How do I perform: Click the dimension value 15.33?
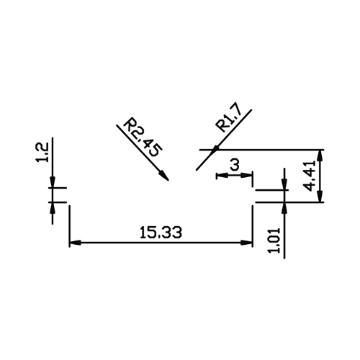(161, 233)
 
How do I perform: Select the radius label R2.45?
(143, 137)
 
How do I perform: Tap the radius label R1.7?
(229, 120)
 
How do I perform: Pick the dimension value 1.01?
(274, 240)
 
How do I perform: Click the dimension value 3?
(235, 165)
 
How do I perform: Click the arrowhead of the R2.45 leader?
(165, 176)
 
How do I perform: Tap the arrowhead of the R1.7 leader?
(215, 149)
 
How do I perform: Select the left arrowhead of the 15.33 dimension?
(75, 243)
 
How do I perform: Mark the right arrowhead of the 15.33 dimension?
(247, 243)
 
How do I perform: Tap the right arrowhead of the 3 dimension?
(247, 176)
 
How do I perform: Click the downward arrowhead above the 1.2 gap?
(53, 182)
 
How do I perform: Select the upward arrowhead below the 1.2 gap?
(53, 208)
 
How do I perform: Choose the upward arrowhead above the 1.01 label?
(284, 208)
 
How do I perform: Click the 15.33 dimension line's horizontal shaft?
(161, 243)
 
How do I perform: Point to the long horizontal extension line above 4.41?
(262, 150)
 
